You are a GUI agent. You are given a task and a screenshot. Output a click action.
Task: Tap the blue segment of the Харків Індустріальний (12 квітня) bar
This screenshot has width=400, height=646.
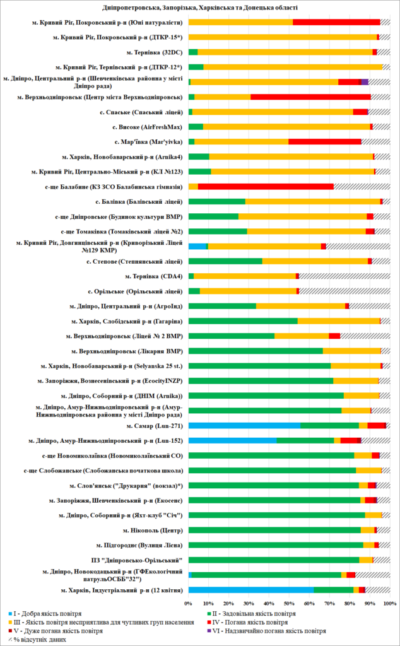[x=250, y=589]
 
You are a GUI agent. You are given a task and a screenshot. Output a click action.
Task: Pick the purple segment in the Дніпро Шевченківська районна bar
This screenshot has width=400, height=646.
[x=365, y=82]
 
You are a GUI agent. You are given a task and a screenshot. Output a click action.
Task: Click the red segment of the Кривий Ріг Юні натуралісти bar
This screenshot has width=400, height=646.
[x=336, y=22]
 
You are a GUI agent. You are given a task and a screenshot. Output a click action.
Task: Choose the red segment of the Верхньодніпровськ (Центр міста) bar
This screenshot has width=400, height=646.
[x=310, y=97]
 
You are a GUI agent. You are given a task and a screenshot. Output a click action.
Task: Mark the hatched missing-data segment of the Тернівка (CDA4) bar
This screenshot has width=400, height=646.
[x=344, y=276]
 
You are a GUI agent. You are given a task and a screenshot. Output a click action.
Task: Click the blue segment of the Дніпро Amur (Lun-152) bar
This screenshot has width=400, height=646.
[x=232, y=440]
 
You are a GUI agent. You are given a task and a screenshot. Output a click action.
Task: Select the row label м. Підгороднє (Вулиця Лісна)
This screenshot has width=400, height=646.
[x=140, y=544]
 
